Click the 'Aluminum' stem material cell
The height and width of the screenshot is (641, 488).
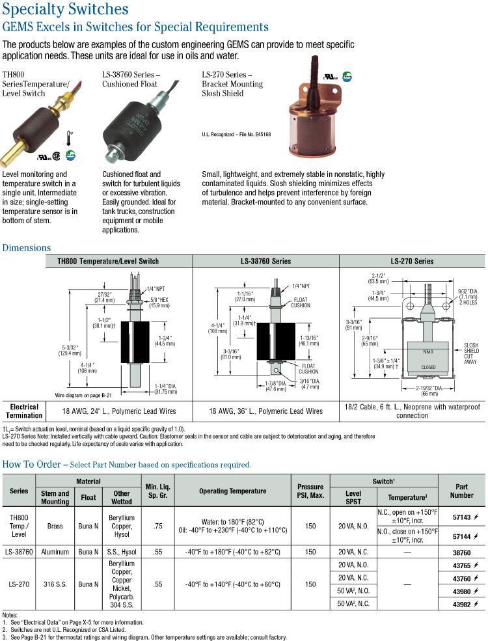[55, 552]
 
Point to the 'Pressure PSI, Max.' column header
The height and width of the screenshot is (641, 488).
[310, 491]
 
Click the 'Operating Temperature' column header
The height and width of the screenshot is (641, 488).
[232, 491]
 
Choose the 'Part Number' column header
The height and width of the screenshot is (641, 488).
[461, 491]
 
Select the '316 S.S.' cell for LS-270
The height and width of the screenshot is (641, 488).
[55, 584]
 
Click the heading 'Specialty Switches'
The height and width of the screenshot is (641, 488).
[65, 9]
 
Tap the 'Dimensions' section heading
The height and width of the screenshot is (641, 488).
[27, 247]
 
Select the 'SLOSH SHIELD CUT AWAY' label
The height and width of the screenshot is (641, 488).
[471, 351]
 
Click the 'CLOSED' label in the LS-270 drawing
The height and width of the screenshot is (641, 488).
[428, 367]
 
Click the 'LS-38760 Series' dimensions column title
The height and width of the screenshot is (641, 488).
[266, 261]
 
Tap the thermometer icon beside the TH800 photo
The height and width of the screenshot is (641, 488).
[69, 139]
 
